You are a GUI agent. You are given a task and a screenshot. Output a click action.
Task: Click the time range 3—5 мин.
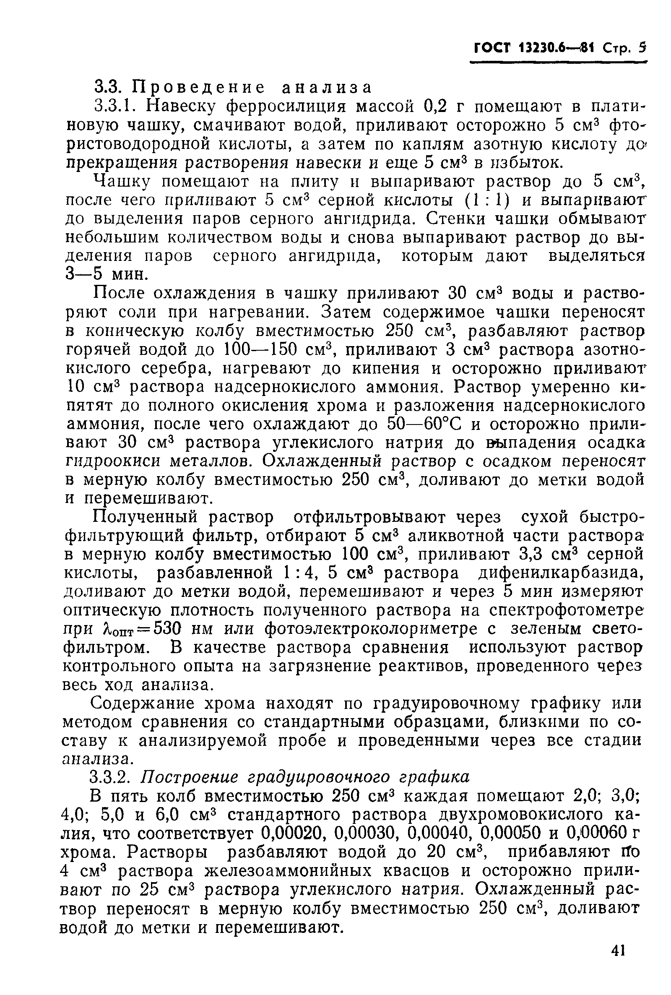coord(108,274)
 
